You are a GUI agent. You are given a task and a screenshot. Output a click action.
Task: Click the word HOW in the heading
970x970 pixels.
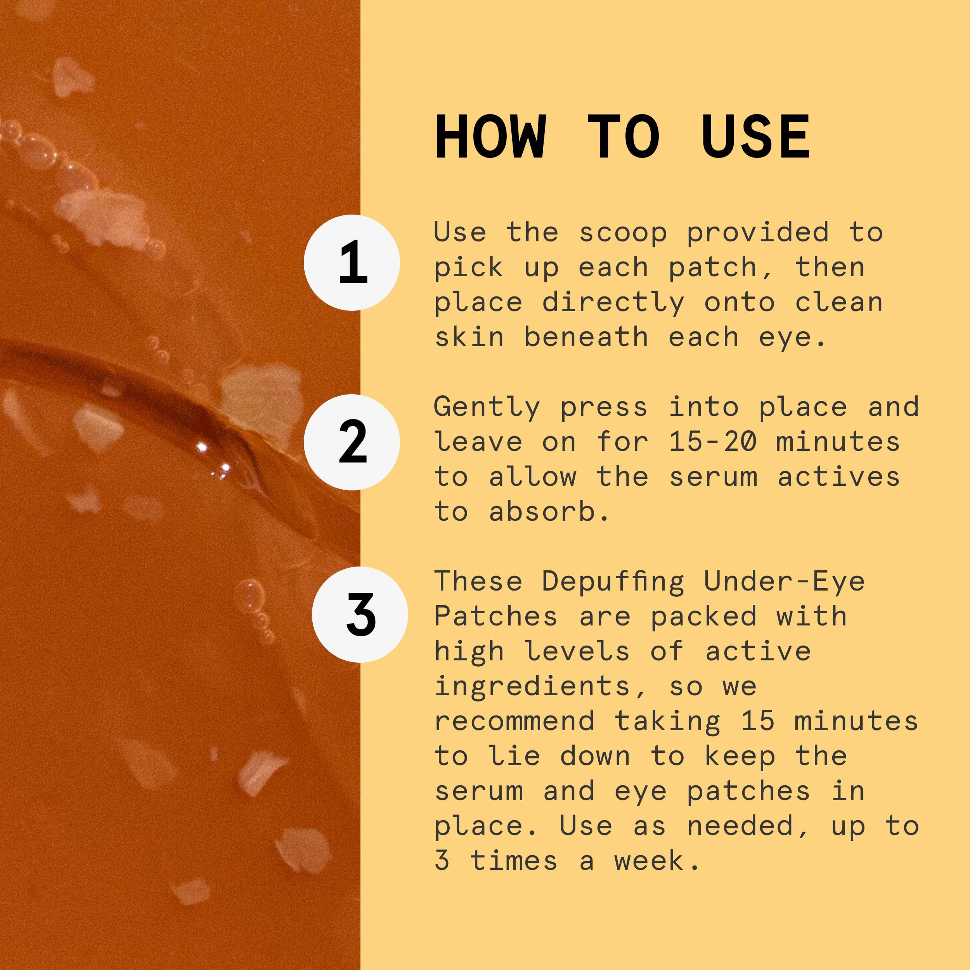coord(490,137)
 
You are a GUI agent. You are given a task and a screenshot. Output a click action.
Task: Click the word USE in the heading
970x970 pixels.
coord(755,137)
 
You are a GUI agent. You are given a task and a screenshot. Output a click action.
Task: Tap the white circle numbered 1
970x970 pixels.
coord(352,263)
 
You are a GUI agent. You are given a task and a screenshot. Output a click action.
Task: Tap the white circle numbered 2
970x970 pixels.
coord(352,442)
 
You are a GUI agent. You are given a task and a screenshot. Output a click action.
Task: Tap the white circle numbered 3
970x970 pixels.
coord(360,615)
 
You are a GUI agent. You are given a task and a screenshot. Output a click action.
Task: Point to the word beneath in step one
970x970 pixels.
coord(585,338)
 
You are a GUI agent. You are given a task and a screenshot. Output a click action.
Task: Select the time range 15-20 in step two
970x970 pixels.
coord(712,442)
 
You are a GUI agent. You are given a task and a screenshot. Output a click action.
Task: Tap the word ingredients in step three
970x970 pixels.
coord(532,687)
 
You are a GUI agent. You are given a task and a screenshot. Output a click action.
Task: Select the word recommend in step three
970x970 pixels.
coord(514,721)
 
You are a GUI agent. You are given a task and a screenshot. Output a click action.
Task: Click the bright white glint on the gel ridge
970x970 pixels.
coord(202,446)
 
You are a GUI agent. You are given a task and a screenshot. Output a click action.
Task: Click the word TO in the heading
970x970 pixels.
coord(623,137)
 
